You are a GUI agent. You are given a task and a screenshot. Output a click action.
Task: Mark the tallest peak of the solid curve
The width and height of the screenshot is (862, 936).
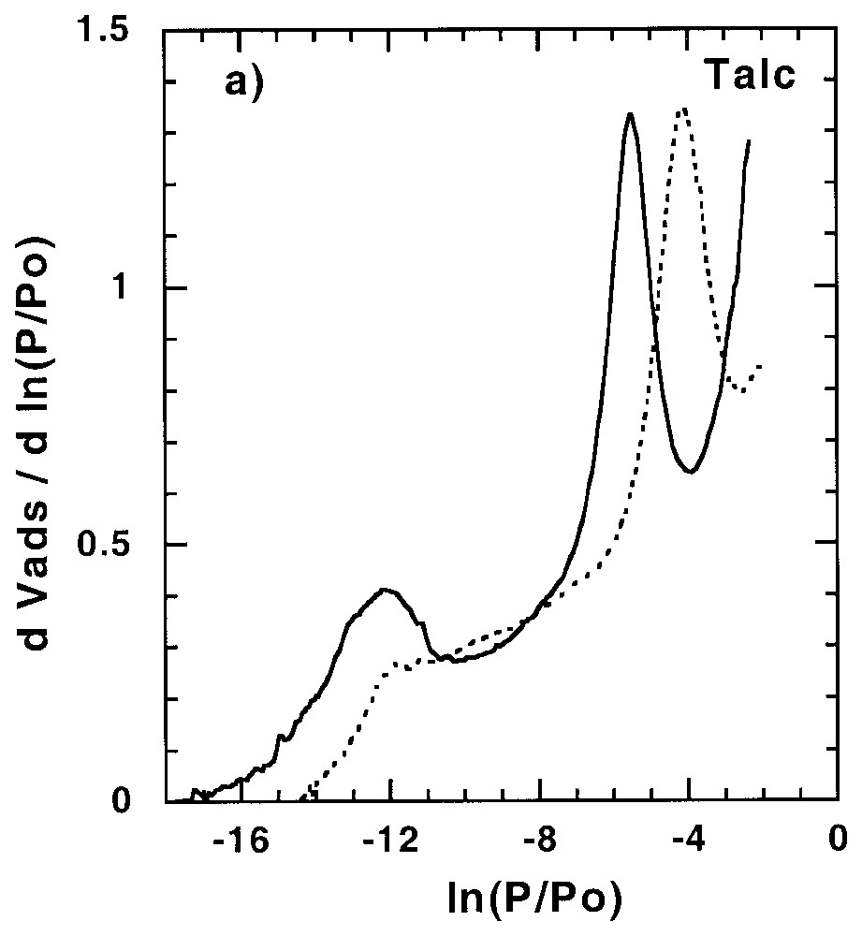pyautogui.click(x=631, y=114)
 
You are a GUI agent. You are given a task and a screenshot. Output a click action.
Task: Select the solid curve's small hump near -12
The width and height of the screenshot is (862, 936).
pyautogui.click(x=384, y=590)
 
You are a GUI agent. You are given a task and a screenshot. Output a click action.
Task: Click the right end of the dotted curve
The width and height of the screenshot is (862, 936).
pyautogui.click(x=762, y=366)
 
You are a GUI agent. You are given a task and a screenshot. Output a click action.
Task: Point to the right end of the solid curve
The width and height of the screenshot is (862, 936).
pyautogui.click(x=750, y=141)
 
